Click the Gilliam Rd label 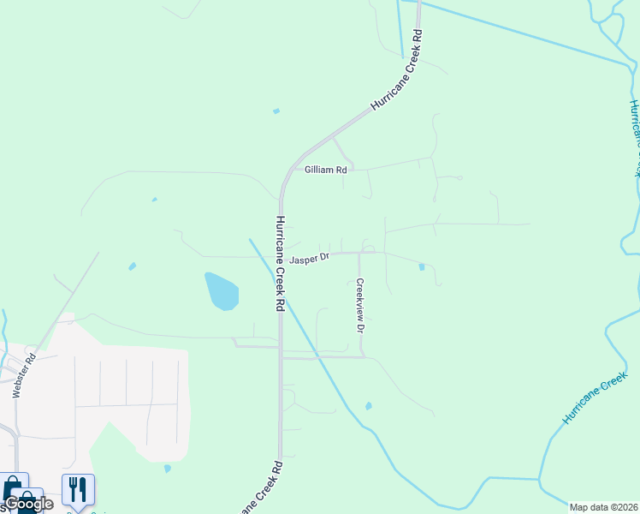tap(325, 170)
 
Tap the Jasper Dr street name tap(309, 258)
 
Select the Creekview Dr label tap(361, 306)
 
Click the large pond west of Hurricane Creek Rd tap(222, 291)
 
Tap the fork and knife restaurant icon tap(78, 489)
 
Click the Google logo tap(28, 504)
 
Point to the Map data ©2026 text tap(603, 507)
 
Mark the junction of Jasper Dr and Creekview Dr tap(359, 253)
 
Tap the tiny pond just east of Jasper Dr tap(422, 266)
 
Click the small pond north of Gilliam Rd tap(276, 111)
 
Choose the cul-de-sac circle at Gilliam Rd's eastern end tap(459, 178)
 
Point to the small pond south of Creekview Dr tap(368, 406)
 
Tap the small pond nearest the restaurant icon tap(168, 469)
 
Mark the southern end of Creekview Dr tap(363, 356)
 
